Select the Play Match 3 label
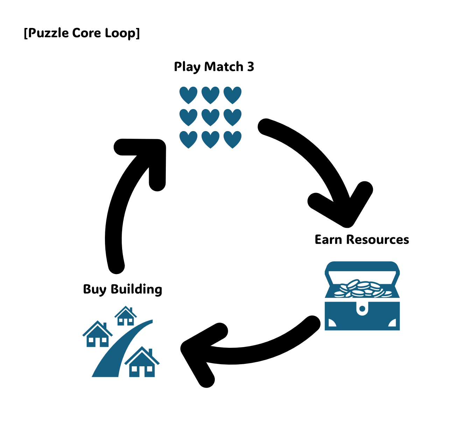pyautogui.click(x=214, y=66)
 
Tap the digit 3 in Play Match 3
pyautogui.click(x=250, y=66)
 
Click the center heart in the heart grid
pyautogui.click(x=210, y=117)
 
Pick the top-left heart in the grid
pyautogui.click(x=188, y=95)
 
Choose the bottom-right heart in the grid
pyautogui.click(x=232, y=139)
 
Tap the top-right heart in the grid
pyautogui.click(x=232, y=95)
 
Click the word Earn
pyautogui.click(x=328, y=240)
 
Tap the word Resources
pyautogui.click(x=377, y=240)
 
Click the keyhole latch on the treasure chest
pyautogui.click(x=362, y=309)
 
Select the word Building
pyautogui.click(x=136, y=289)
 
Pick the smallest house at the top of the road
pyautogui.click(x=126, y=316)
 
